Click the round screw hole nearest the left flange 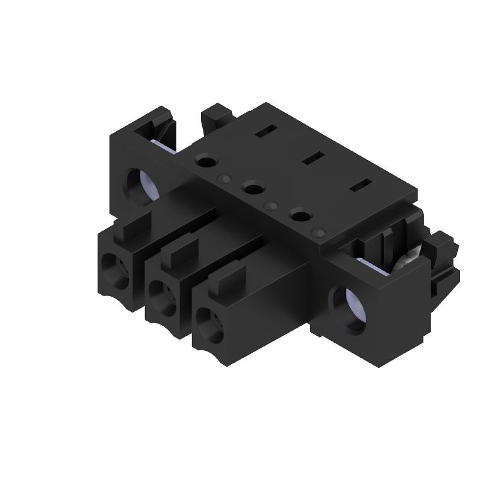206,162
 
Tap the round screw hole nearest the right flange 301,215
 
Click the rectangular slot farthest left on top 263,133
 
